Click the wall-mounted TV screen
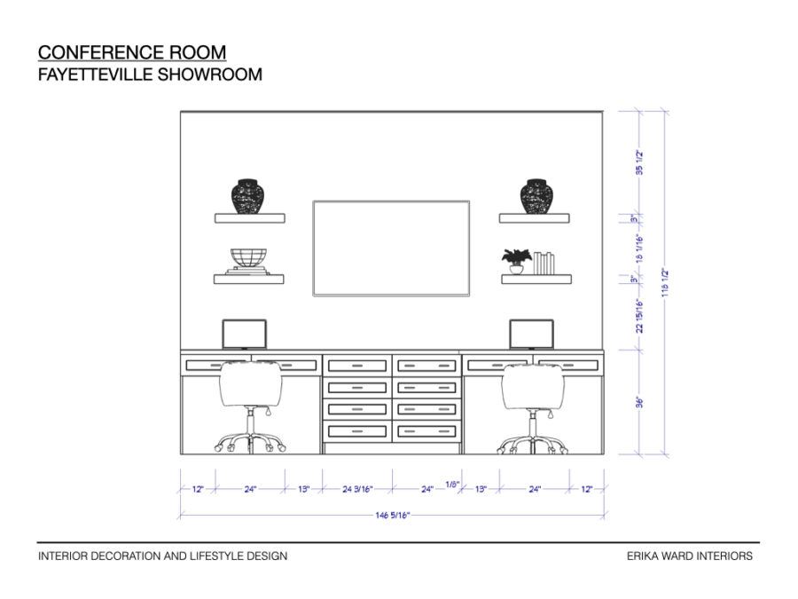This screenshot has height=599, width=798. click(391, 248)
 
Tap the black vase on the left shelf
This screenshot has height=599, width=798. click(248, 196)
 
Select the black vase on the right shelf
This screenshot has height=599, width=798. click(536, 196)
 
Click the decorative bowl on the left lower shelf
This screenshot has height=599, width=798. click(249, 260)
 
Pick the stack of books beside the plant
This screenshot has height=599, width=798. click(544, 263)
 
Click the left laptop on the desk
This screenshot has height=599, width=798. click(244, 334)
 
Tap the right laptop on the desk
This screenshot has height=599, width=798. click(531, 334)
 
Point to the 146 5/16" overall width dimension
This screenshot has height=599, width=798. click(393, 515)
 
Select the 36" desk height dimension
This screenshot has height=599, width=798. click(639, 402)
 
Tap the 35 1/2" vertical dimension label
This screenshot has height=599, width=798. click(639, 163)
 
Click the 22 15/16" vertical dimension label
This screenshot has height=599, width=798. click(639, 315)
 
